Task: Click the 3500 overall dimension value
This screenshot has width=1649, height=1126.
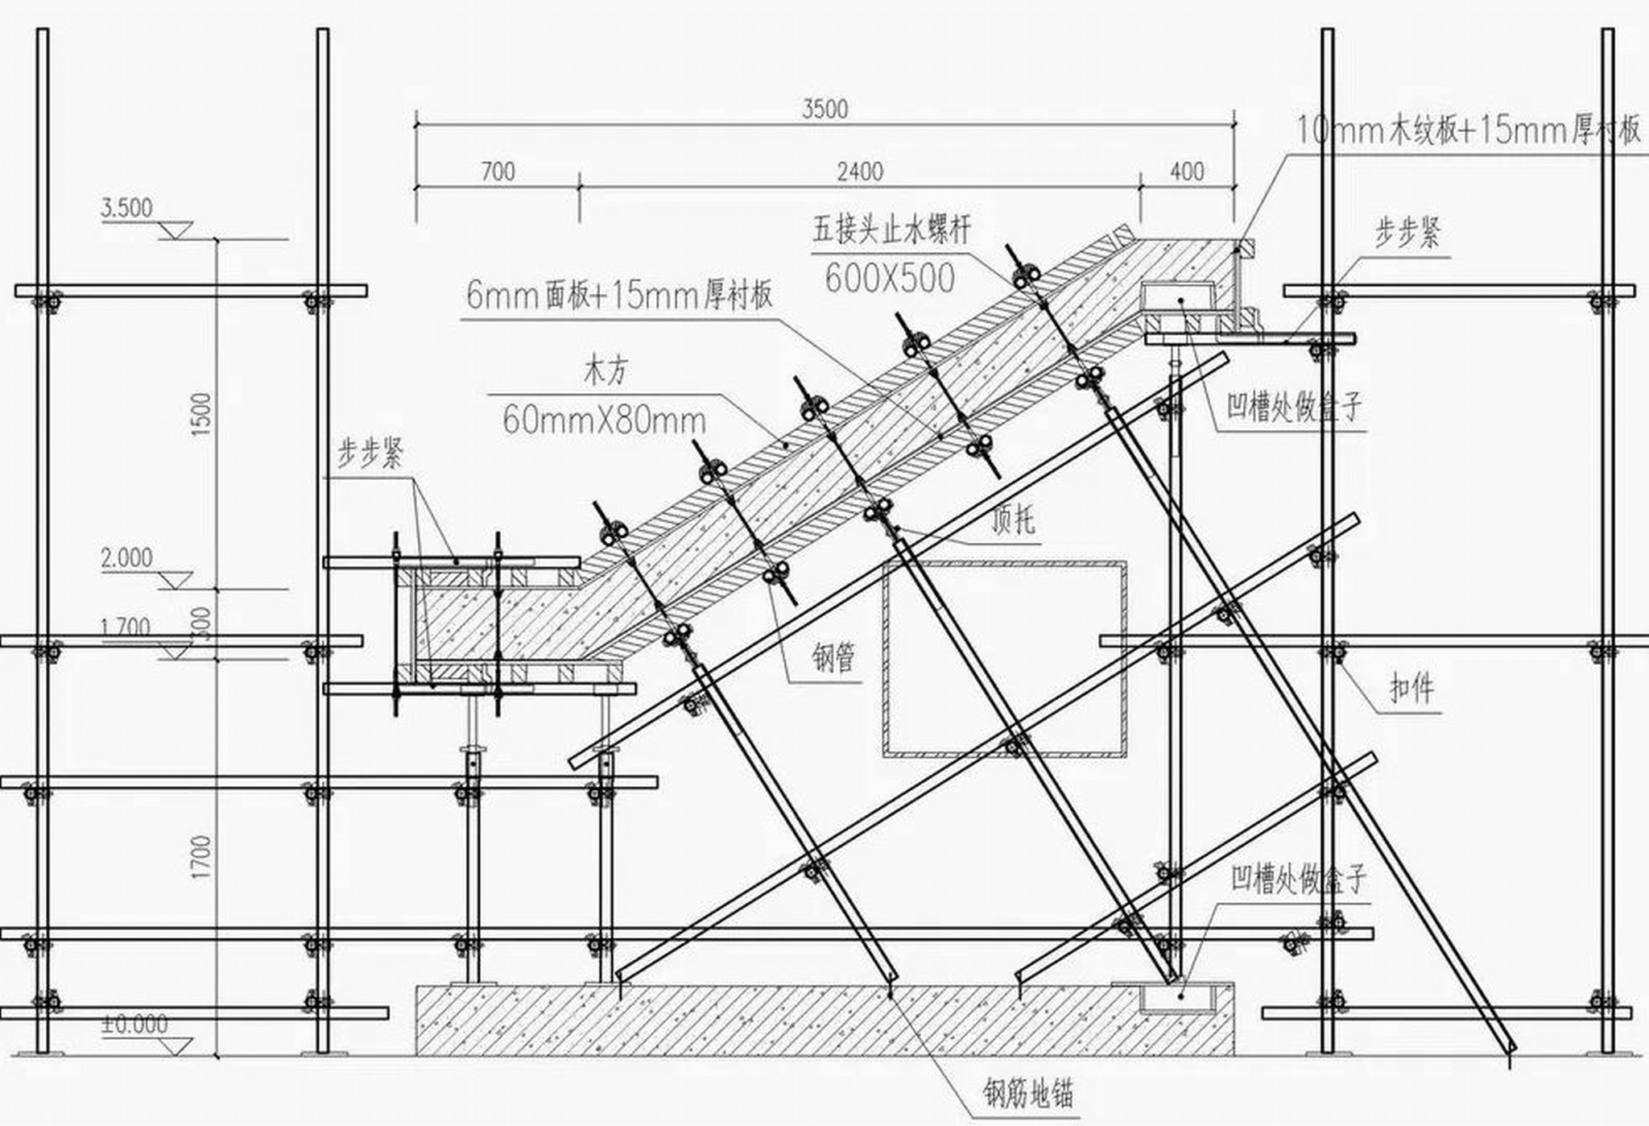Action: point(824,109)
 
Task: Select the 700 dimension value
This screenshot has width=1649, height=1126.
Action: point(498,172)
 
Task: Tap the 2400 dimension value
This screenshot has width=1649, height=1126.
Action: point(860,172)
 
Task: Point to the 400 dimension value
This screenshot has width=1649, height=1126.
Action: point(1187,172)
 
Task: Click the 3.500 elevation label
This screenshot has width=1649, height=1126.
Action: point(126,208)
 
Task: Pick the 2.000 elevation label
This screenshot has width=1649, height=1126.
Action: point(126,557)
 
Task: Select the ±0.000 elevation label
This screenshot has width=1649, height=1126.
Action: point(134,1025)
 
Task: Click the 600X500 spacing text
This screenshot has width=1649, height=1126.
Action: point(890,279)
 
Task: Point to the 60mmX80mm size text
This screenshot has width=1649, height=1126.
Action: point(604,420)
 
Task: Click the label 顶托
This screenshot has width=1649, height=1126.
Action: point(1013,521)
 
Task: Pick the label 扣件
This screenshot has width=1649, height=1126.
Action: point(1411,689)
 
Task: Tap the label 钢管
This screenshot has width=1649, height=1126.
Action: point(833,659)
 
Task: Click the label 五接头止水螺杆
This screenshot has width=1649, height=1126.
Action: point(891,231)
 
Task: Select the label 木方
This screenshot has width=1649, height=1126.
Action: point(605,371)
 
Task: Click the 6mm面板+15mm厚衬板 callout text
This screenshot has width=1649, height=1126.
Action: point(619,296)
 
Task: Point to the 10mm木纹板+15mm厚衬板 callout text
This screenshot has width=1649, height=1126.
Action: point(1468,130)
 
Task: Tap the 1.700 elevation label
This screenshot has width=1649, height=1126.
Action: point(126,627)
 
